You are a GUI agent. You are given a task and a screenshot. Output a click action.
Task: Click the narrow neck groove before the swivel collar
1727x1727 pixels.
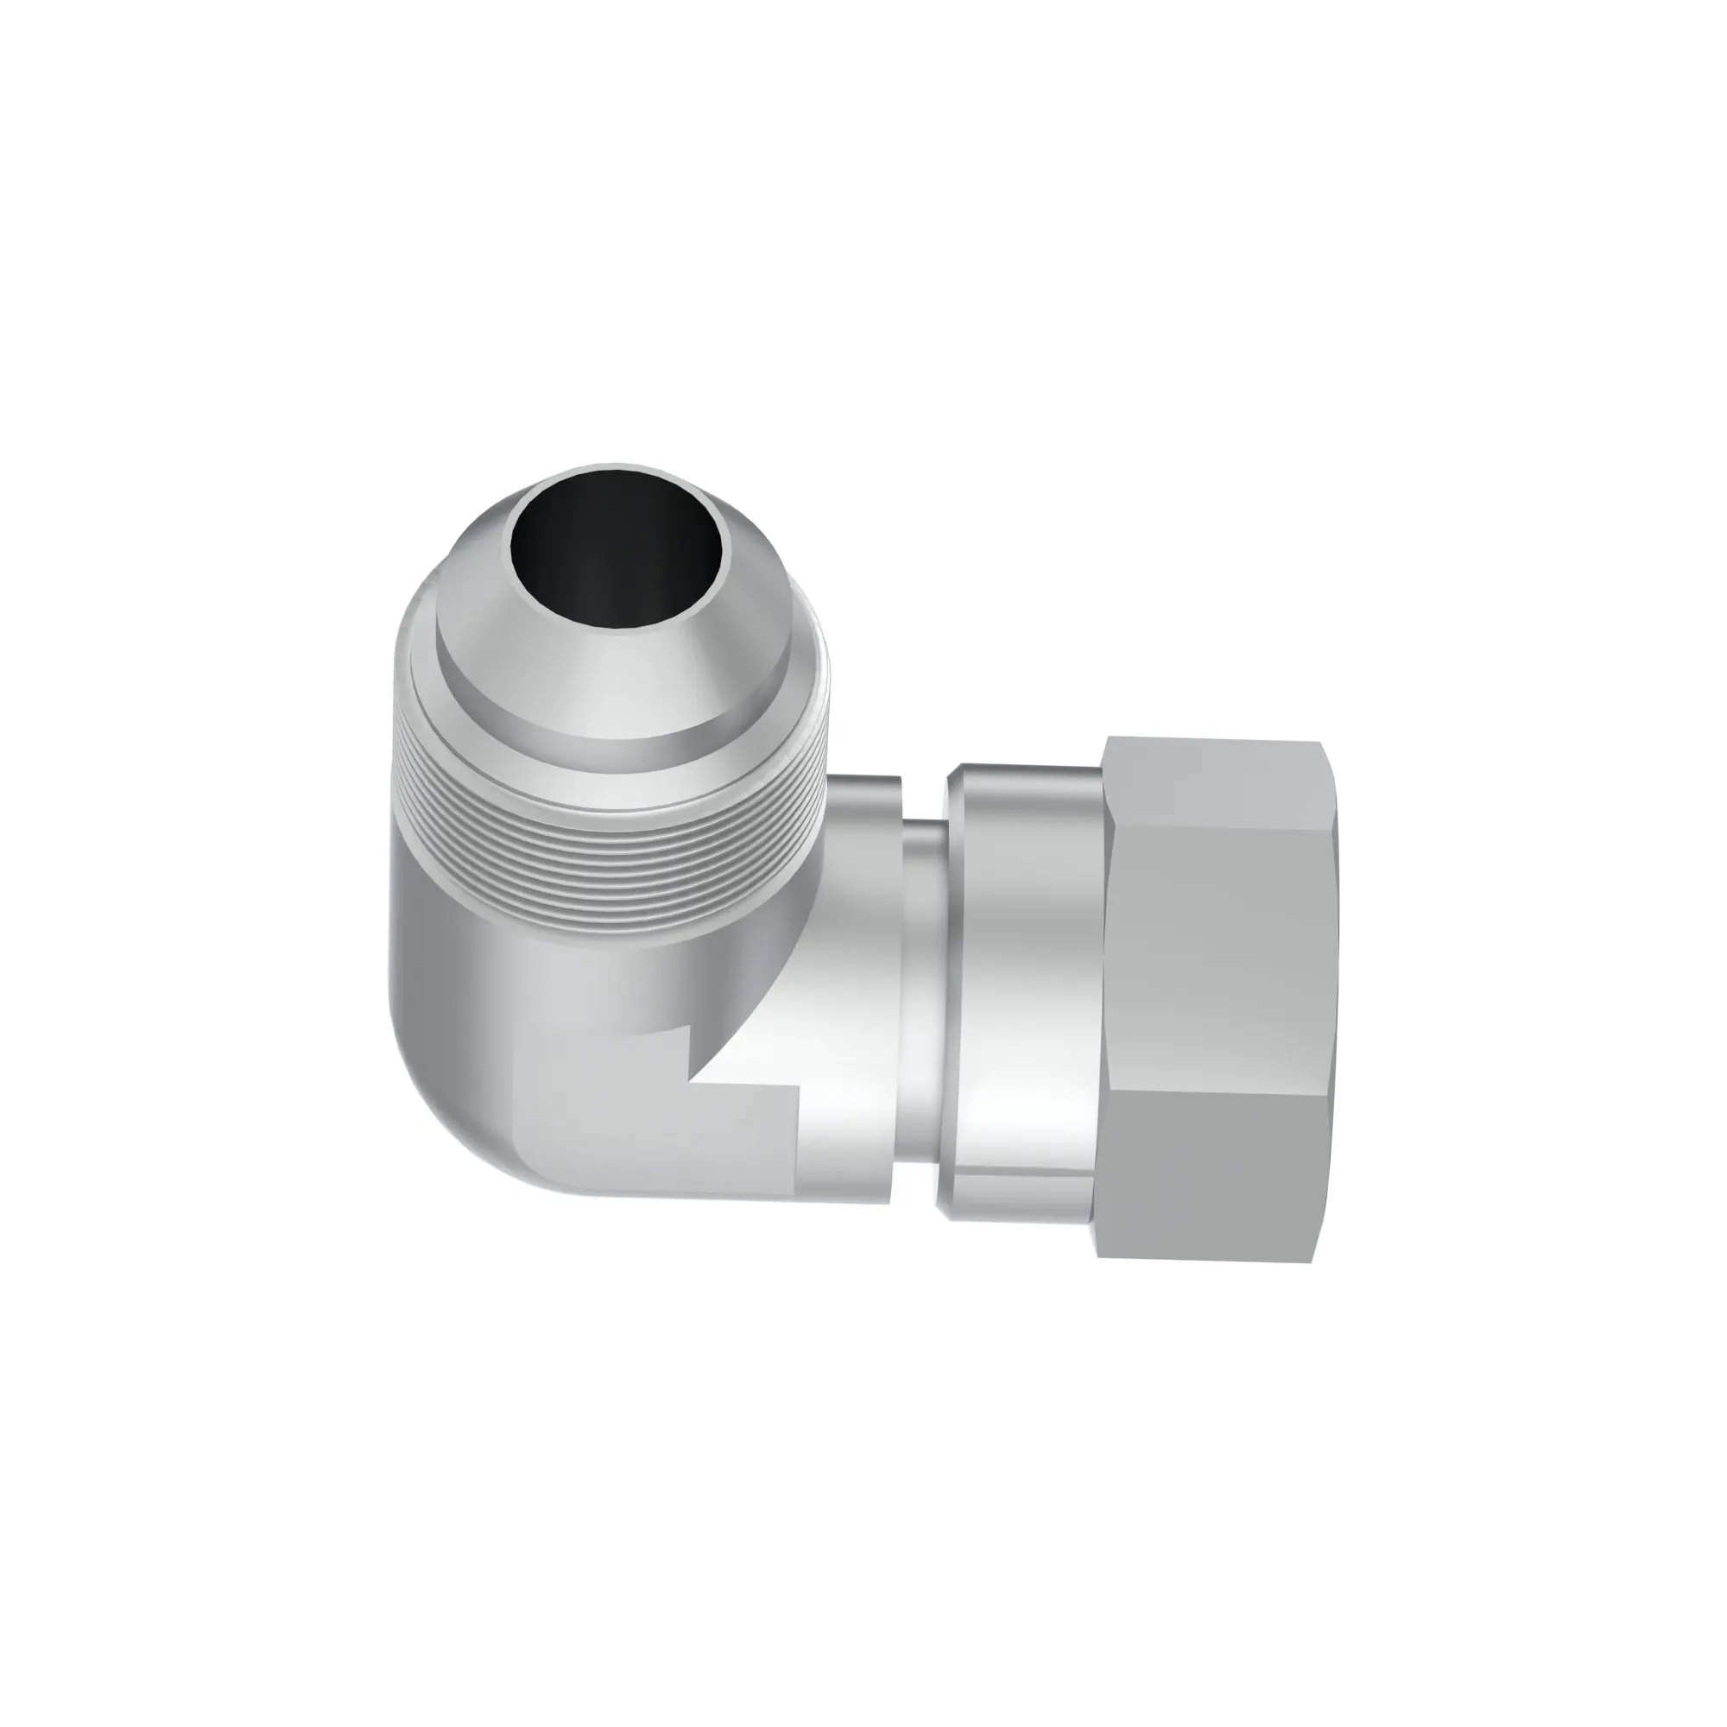[x=920, y=984]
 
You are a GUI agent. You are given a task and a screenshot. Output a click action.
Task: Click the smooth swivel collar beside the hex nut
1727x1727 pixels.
[x=1028, y=974]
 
